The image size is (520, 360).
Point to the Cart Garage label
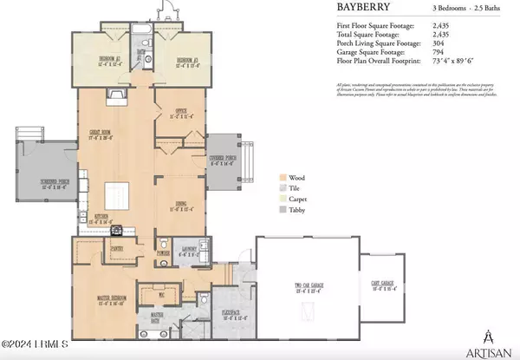[382, 285]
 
